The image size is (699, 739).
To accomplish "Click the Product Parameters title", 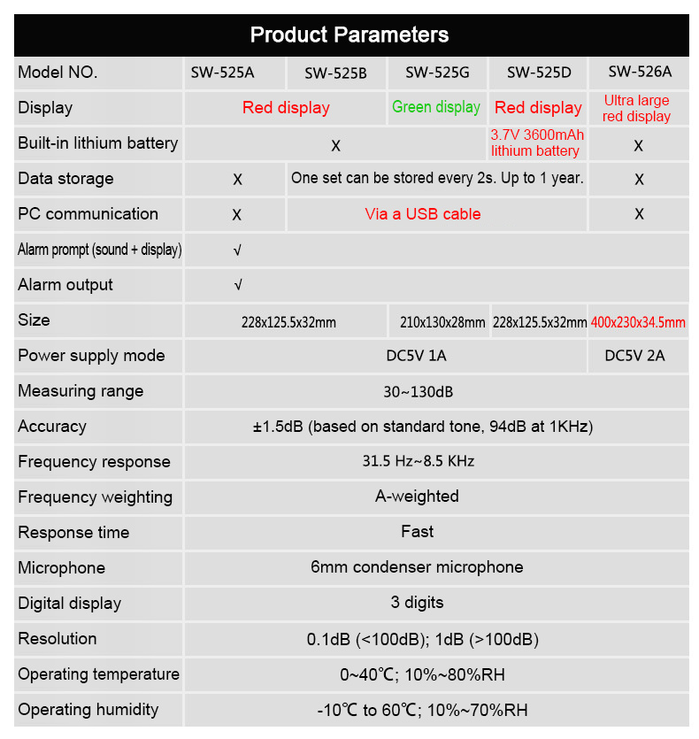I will (349, 35).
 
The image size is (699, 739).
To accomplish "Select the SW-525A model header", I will (223, 73).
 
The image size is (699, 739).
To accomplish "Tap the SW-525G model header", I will (437, 73).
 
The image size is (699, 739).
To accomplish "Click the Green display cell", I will (436, 107).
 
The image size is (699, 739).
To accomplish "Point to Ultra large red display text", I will (637, 108).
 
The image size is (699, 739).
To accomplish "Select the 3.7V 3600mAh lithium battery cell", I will (536, 143).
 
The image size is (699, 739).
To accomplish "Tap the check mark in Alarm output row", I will (237, 285).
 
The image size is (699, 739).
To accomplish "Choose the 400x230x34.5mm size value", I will (638, 322).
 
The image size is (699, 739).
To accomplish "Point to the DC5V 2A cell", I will (634, 356).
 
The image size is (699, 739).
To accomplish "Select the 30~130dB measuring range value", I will (419, 391).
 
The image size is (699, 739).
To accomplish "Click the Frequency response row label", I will (94, 462).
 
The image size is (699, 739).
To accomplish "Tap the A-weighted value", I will (417, 497).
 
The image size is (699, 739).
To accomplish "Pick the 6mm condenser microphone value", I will (417, 567).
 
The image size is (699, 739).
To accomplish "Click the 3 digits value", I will (417, 603).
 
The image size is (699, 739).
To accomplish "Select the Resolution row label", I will (58, 639).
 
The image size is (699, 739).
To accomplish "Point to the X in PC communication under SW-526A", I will (639, 214).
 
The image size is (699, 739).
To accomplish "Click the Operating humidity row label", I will (88, 710).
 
